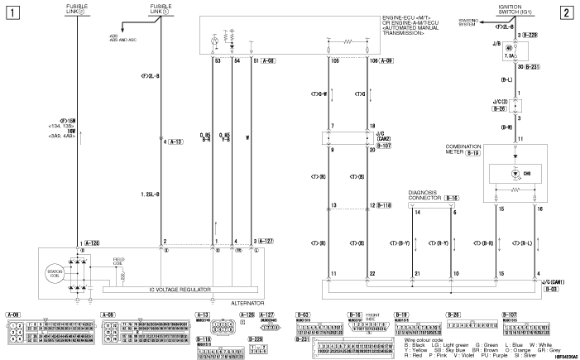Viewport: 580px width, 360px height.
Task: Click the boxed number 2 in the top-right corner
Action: [565, 12]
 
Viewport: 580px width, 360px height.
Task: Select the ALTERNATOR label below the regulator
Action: [241, 303]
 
